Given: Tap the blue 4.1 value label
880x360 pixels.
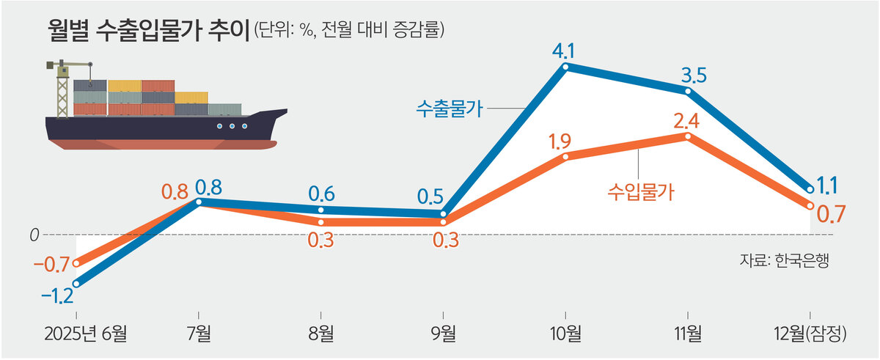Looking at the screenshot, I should [x=565, y=51].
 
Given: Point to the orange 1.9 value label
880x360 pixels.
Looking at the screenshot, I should [x=564, y=140].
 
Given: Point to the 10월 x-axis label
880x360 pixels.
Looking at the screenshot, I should [x=565, y=334].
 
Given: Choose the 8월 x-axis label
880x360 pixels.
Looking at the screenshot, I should [x=320, y=334].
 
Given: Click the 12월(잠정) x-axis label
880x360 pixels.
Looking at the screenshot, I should [x=810, y=334].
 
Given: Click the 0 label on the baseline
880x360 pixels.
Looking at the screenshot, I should [x=34, y=235].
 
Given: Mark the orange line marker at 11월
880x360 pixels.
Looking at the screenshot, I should [x=688, y=136].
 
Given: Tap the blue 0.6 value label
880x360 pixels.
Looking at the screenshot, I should [x=322, y=194].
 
